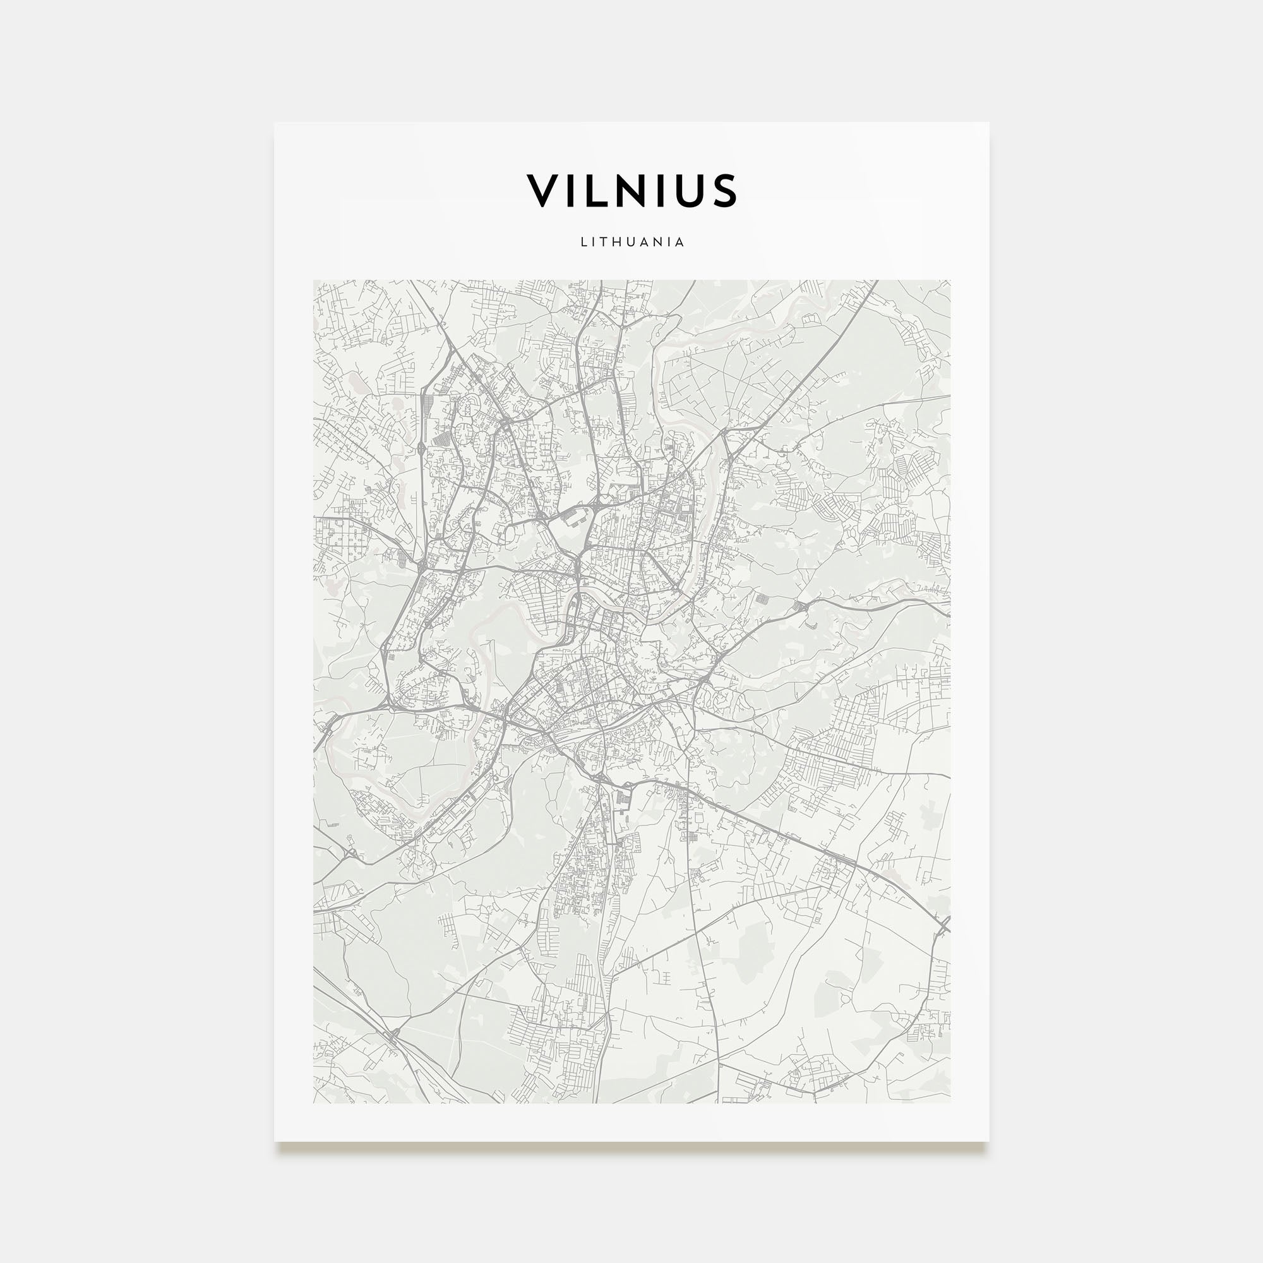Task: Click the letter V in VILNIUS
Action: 542,190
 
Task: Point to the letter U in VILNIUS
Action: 690,190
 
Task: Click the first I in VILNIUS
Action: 571,190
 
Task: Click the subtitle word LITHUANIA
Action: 632,242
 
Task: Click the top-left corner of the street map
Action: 314,281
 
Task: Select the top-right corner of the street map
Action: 950,281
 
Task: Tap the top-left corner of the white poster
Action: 275,123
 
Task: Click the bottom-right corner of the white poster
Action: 988,1141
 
